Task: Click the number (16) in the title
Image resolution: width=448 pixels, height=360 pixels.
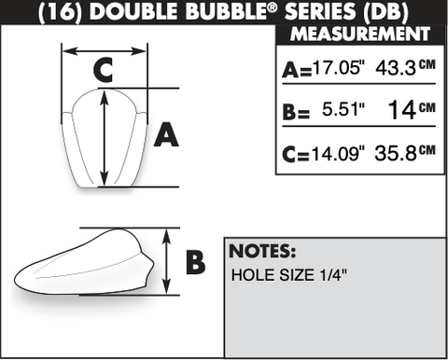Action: coord(60,12)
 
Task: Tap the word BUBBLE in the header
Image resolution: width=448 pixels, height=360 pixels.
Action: coord(230,11)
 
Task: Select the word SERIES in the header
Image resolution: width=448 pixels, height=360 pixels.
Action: coord(320,11)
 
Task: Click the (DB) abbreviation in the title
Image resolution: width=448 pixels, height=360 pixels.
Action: coord(385,12)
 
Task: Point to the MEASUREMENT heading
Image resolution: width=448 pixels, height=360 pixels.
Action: coord(360,34)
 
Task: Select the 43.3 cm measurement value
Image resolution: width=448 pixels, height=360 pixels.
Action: coord(405,67)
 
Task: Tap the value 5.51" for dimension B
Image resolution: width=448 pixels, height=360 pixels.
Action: coord(343,109)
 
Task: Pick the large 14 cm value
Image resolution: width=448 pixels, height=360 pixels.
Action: coord(412,109)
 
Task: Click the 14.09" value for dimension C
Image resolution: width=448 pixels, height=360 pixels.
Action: coord(338,153)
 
